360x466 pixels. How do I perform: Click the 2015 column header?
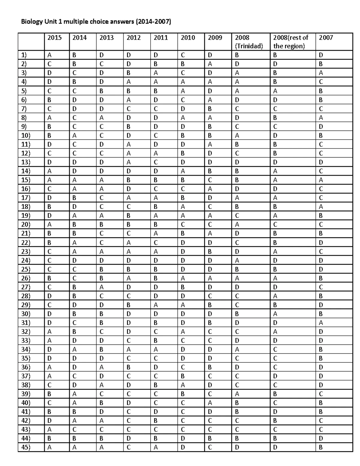[55, 38]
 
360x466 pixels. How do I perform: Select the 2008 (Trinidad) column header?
[249, 42]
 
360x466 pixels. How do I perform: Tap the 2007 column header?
[326, 38]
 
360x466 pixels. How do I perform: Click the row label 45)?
[25, 447]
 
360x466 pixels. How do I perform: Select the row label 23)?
[25, 251]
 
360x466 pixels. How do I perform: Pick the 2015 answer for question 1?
[49, 55]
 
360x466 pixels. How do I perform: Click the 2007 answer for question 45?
[321, 447]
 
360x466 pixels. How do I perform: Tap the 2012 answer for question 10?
[128, 136]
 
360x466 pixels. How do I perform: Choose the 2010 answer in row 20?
[183, 225]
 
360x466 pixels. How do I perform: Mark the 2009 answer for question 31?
[210, 323]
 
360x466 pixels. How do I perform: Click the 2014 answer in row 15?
[74, 180]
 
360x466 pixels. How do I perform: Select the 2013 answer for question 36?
[101, 367]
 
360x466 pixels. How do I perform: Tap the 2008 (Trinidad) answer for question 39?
[237, 394]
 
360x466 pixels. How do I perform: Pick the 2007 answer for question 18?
[321, 207]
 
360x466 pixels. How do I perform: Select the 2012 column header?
[133, 38]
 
